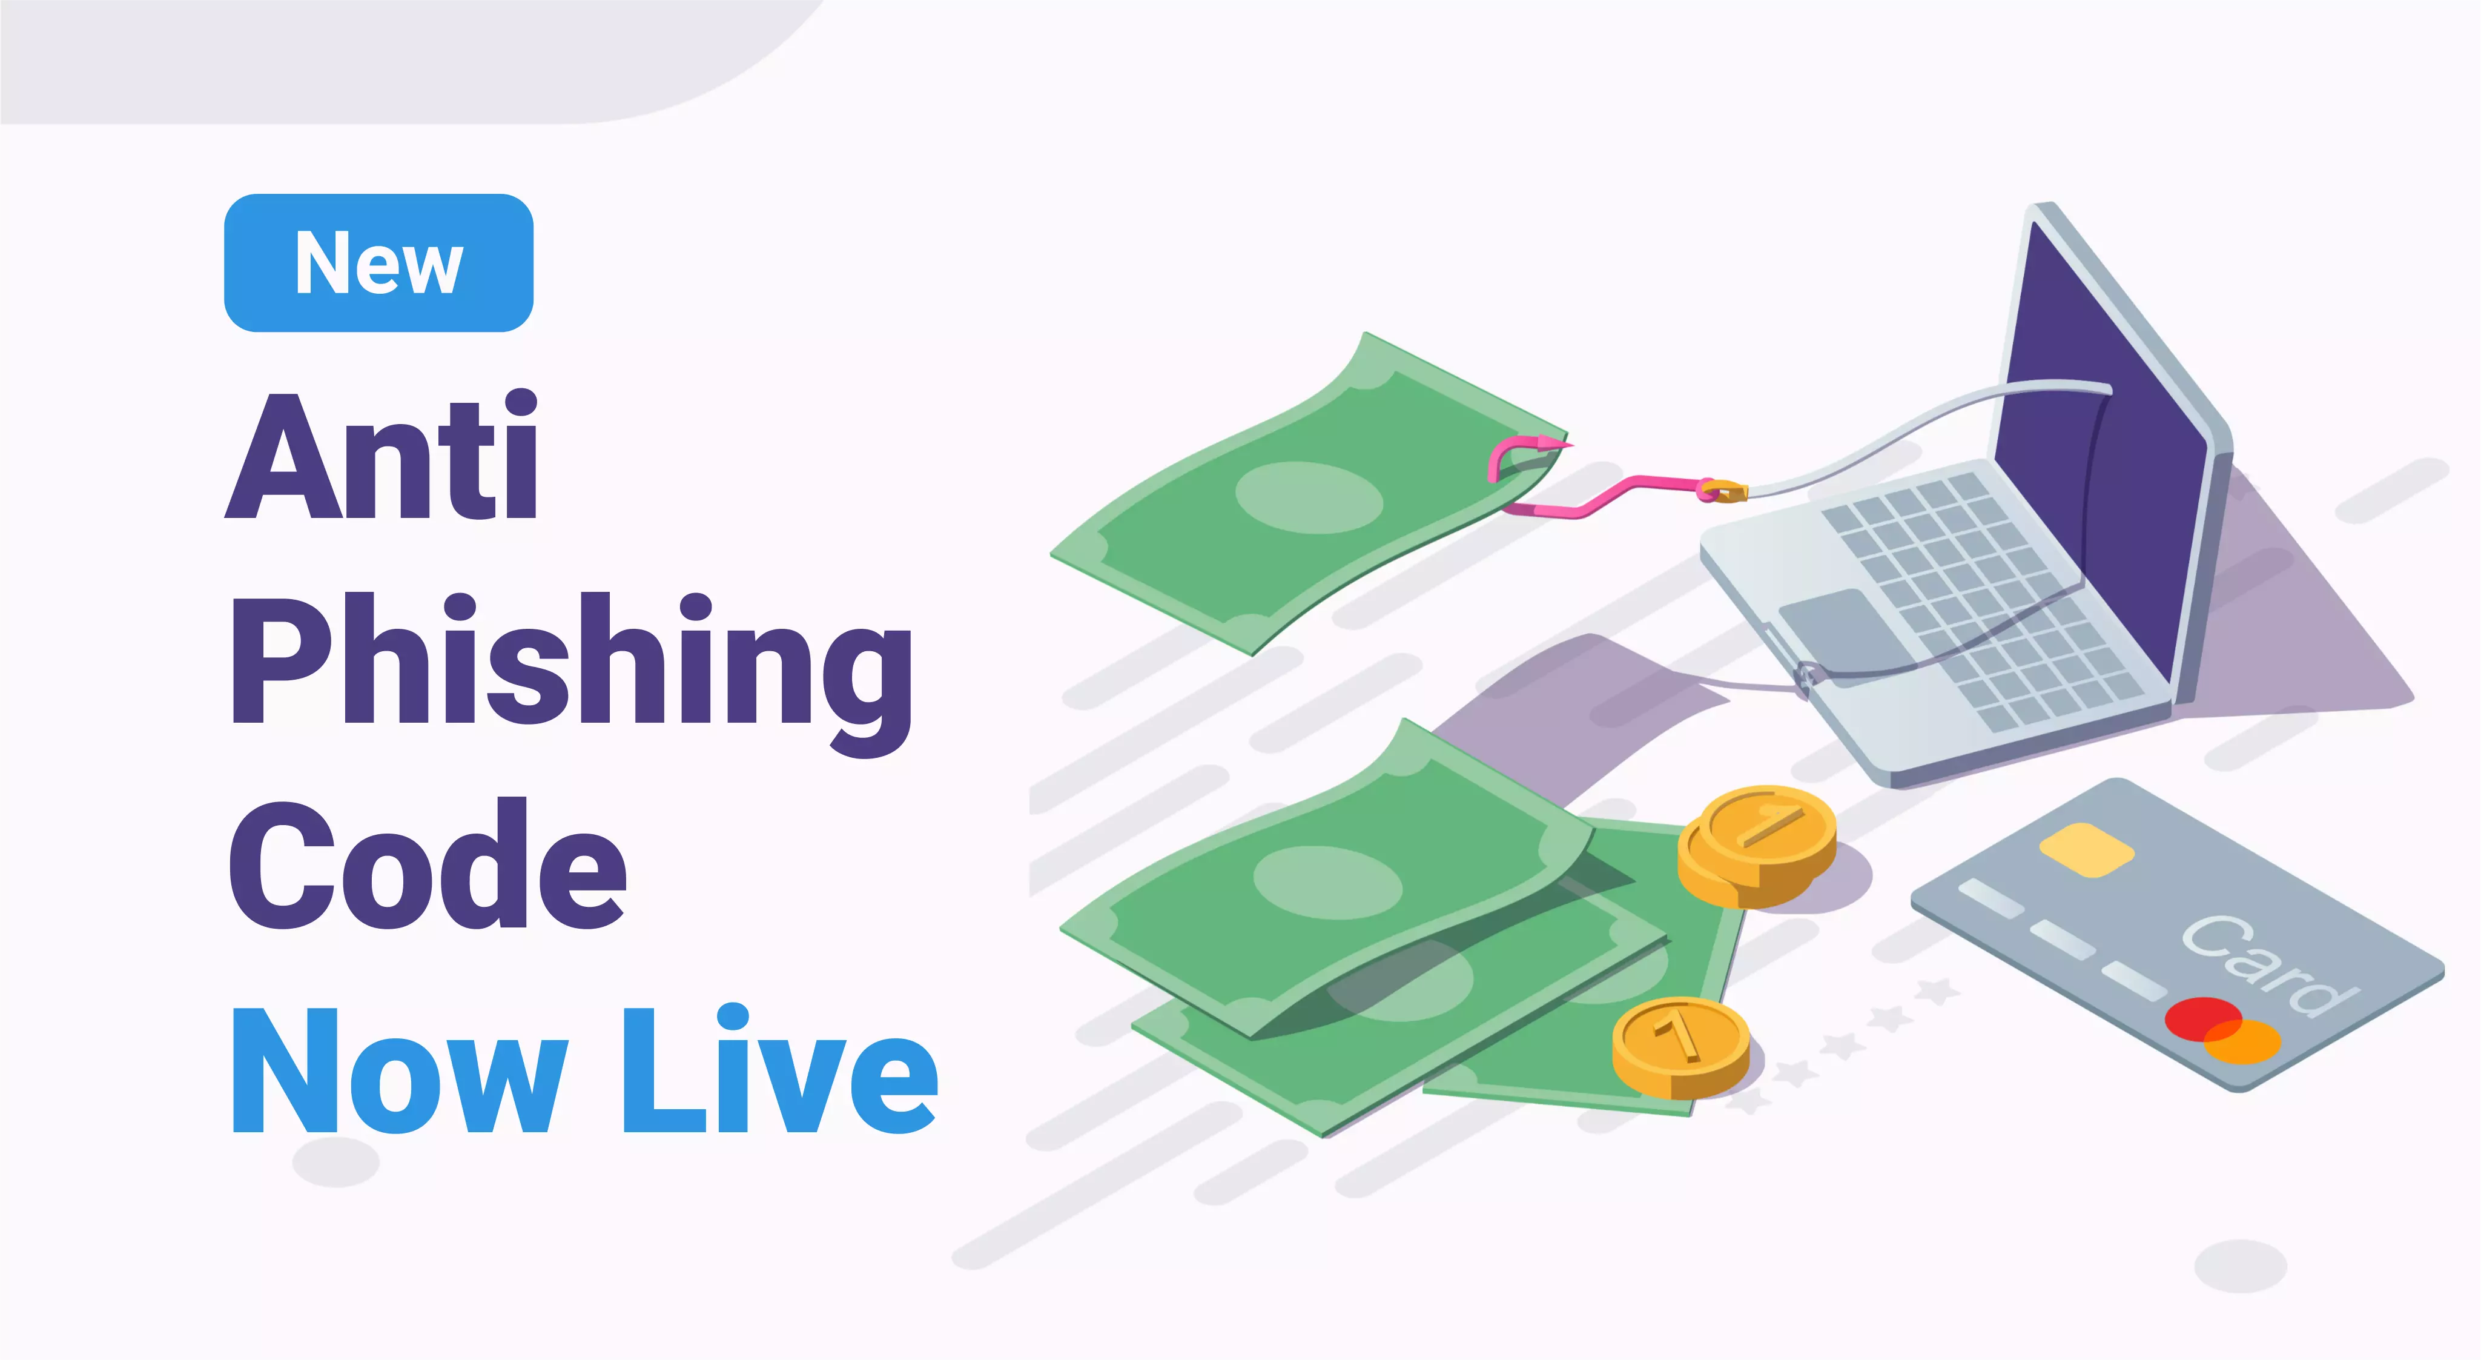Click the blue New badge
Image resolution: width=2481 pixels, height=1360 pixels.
point(378,263)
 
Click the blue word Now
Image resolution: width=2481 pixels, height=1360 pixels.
point(398,1069)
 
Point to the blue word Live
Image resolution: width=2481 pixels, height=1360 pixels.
point(780,1069)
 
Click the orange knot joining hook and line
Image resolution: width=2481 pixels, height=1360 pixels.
point(1722,491)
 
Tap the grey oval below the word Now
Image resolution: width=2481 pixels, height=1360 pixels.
point(336,1161)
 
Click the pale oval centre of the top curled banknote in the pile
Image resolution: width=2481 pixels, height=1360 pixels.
point(1327,882)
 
